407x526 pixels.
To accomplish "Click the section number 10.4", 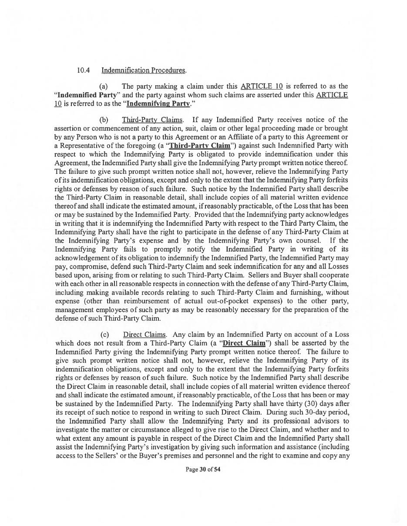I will (83, 70).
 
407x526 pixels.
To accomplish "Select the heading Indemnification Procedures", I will (144, 70).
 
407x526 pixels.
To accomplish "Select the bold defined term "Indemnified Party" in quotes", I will (85, 95).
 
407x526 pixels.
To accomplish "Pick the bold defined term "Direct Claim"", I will (244, 343).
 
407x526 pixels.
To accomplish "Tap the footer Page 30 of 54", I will (203, 469).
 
